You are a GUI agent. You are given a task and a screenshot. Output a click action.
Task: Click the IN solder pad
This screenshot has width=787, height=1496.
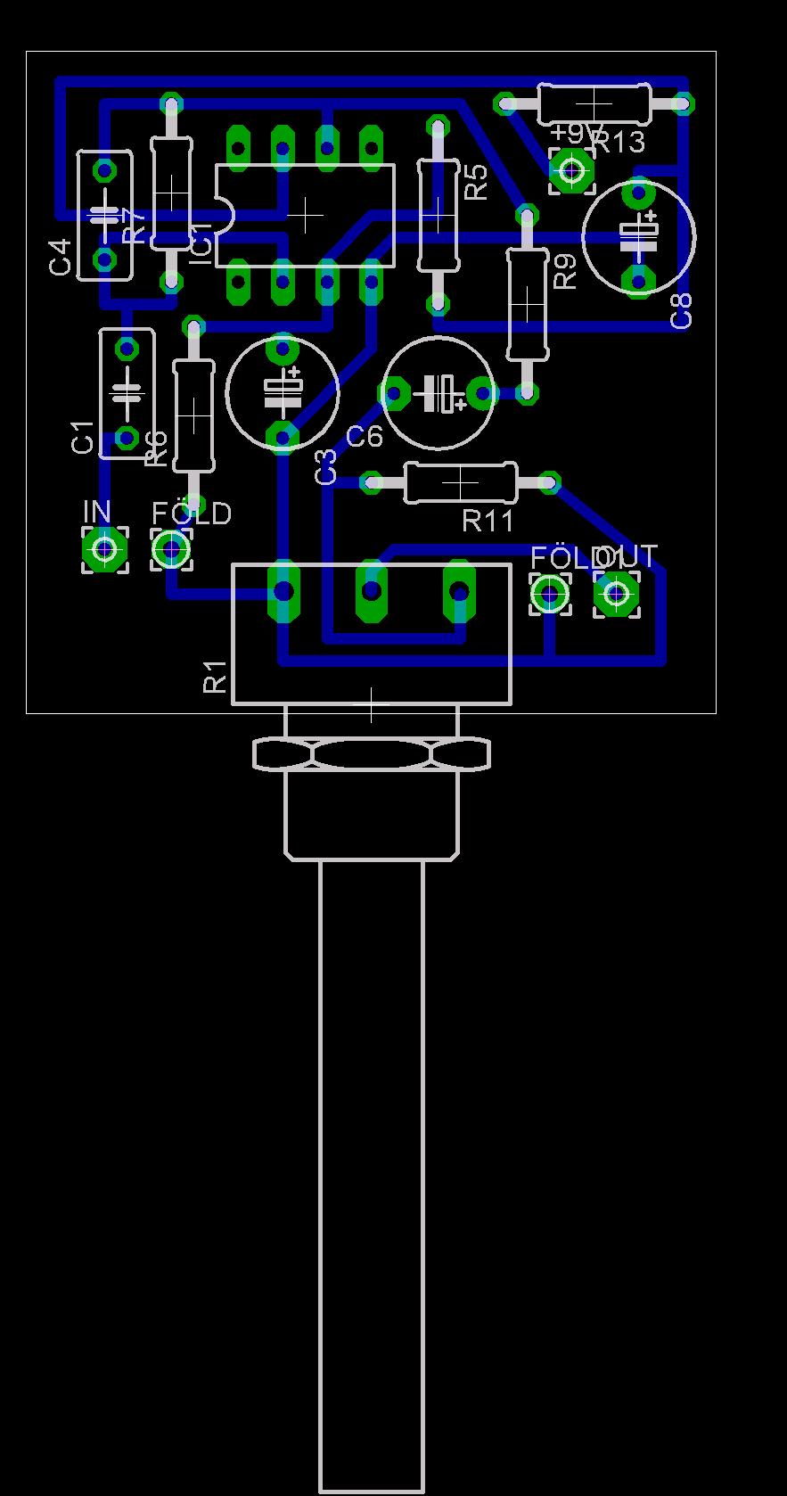tap(104, 548)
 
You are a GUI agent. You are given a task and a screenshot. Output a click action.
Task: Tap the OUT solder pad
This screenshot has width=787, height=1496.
tap(616, 593)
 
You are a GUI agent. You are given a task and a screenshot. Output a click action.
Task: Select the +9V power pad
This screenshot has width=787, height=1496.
tap(571, 169)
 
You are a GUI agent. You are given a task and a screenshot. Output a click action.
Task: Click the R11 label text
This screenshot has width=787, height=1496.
tap(488, 521)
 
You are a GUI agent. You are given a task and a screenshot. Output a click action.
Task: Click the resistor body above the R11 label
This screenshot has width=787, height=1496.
tap(460, 482)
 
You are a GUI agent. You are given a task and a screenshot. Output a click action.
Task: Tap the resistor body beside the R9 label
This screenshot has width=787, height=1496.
tap(527, 304)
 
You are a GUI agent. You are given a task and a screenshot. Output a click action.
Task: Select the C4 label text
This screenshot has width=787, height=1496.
tap(60, 257)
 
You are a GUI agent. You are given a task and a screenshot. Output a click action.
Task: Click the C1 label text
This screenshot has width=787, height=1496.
tap(83, 438)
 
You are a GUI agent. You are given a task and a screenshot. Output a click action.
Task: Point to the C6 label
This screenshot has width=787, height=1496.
tap(364, 437)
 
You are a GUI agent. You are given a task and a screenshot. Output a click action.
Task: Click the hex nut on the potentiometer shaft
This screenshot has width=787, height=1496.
tap(372, 754)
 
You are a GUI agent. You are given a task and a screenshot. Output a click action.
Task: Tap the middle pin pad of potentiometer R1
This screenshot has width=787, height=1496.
tap(372, 590)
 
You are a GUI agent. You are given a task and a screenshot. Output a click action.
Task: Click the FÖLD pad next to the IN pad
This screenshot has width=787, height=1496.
tap(170, 549)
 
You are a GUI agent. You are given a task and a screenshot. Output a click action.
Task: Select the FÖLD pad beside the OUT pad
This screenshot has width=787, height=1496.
tap(550, 593)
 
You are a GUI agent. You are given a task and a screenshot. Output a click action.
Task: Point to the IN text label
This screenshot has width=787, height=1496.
tap(97, 512)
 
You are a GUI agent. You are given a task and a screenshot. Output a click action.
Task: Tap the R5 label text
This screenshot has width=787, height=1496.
tap(477, 182)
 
